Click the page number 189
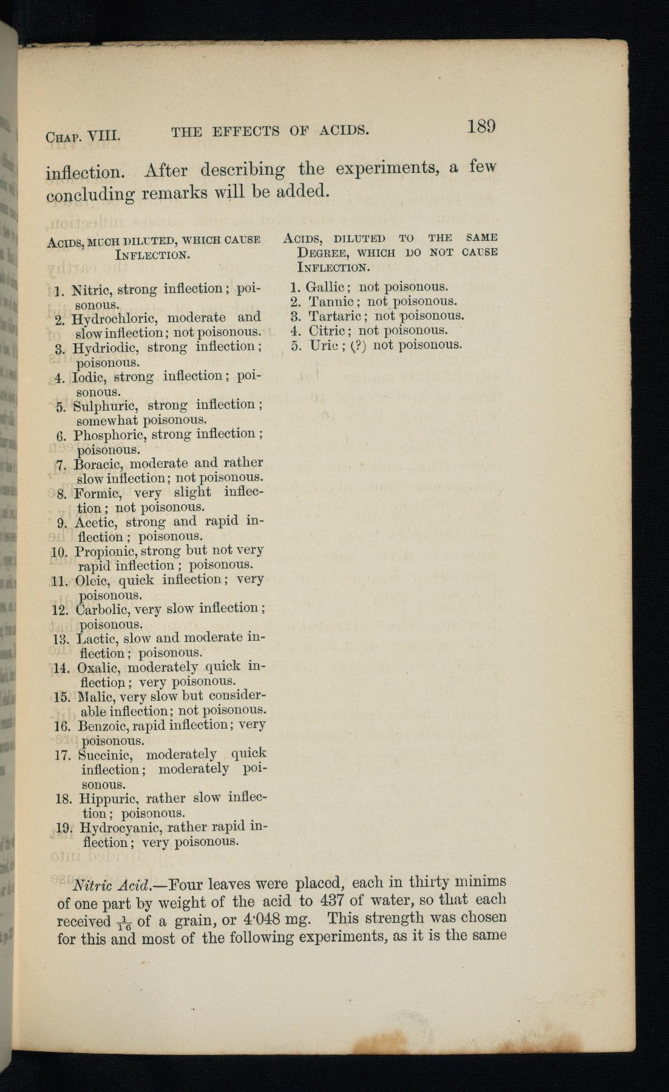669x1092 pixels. coord(481,127)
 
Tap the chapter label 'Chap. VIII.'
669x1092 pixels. coord(83,135)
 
